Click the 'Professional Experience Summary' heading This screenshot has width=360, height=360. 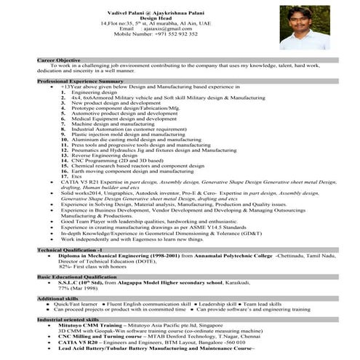tap(81, 81)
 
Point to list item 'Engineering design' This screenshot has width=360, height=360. tap(95, 92)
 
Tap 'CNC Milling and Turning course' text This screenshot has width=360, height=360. tap(100, 337)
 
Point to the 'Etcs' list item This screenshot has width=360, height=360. tap(76, 177)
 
